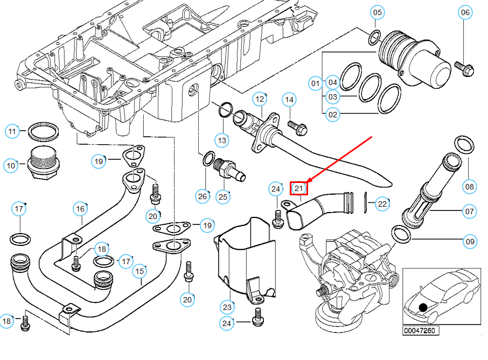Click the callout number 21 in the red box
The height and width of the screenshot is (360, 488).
[x=299, y=188]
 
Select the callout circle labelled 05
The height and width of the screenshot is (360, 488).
[x=378, y=12]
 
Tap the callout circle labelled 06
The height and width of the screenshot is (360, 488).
[x=464, y=12]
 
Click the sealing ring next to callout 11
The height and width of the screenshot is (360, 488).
[x=44, y=130]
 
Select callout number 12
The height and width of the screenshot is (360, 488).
[x=260, y=99]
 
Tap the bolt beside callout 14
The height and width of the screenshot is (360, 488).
[x=298, y=128]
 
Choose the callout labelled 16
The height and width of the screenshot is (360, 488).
[x=80, y=208]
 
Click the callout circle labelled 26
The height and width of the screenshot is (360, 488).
[x=202, y=196]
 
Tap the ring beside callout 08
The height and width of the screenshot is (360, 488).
[x=465, y=145]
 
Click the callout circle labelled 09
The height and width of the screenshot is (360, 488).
[x=470, y=242]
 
